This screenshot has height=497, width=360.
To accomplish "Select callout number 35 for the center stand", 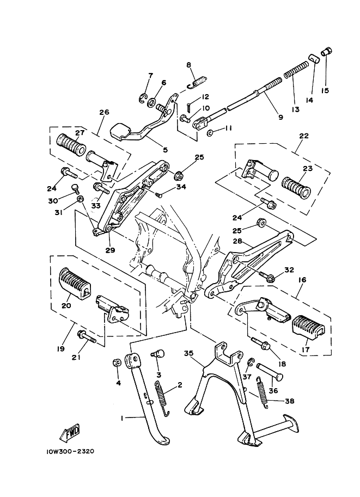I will (189, 353).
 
